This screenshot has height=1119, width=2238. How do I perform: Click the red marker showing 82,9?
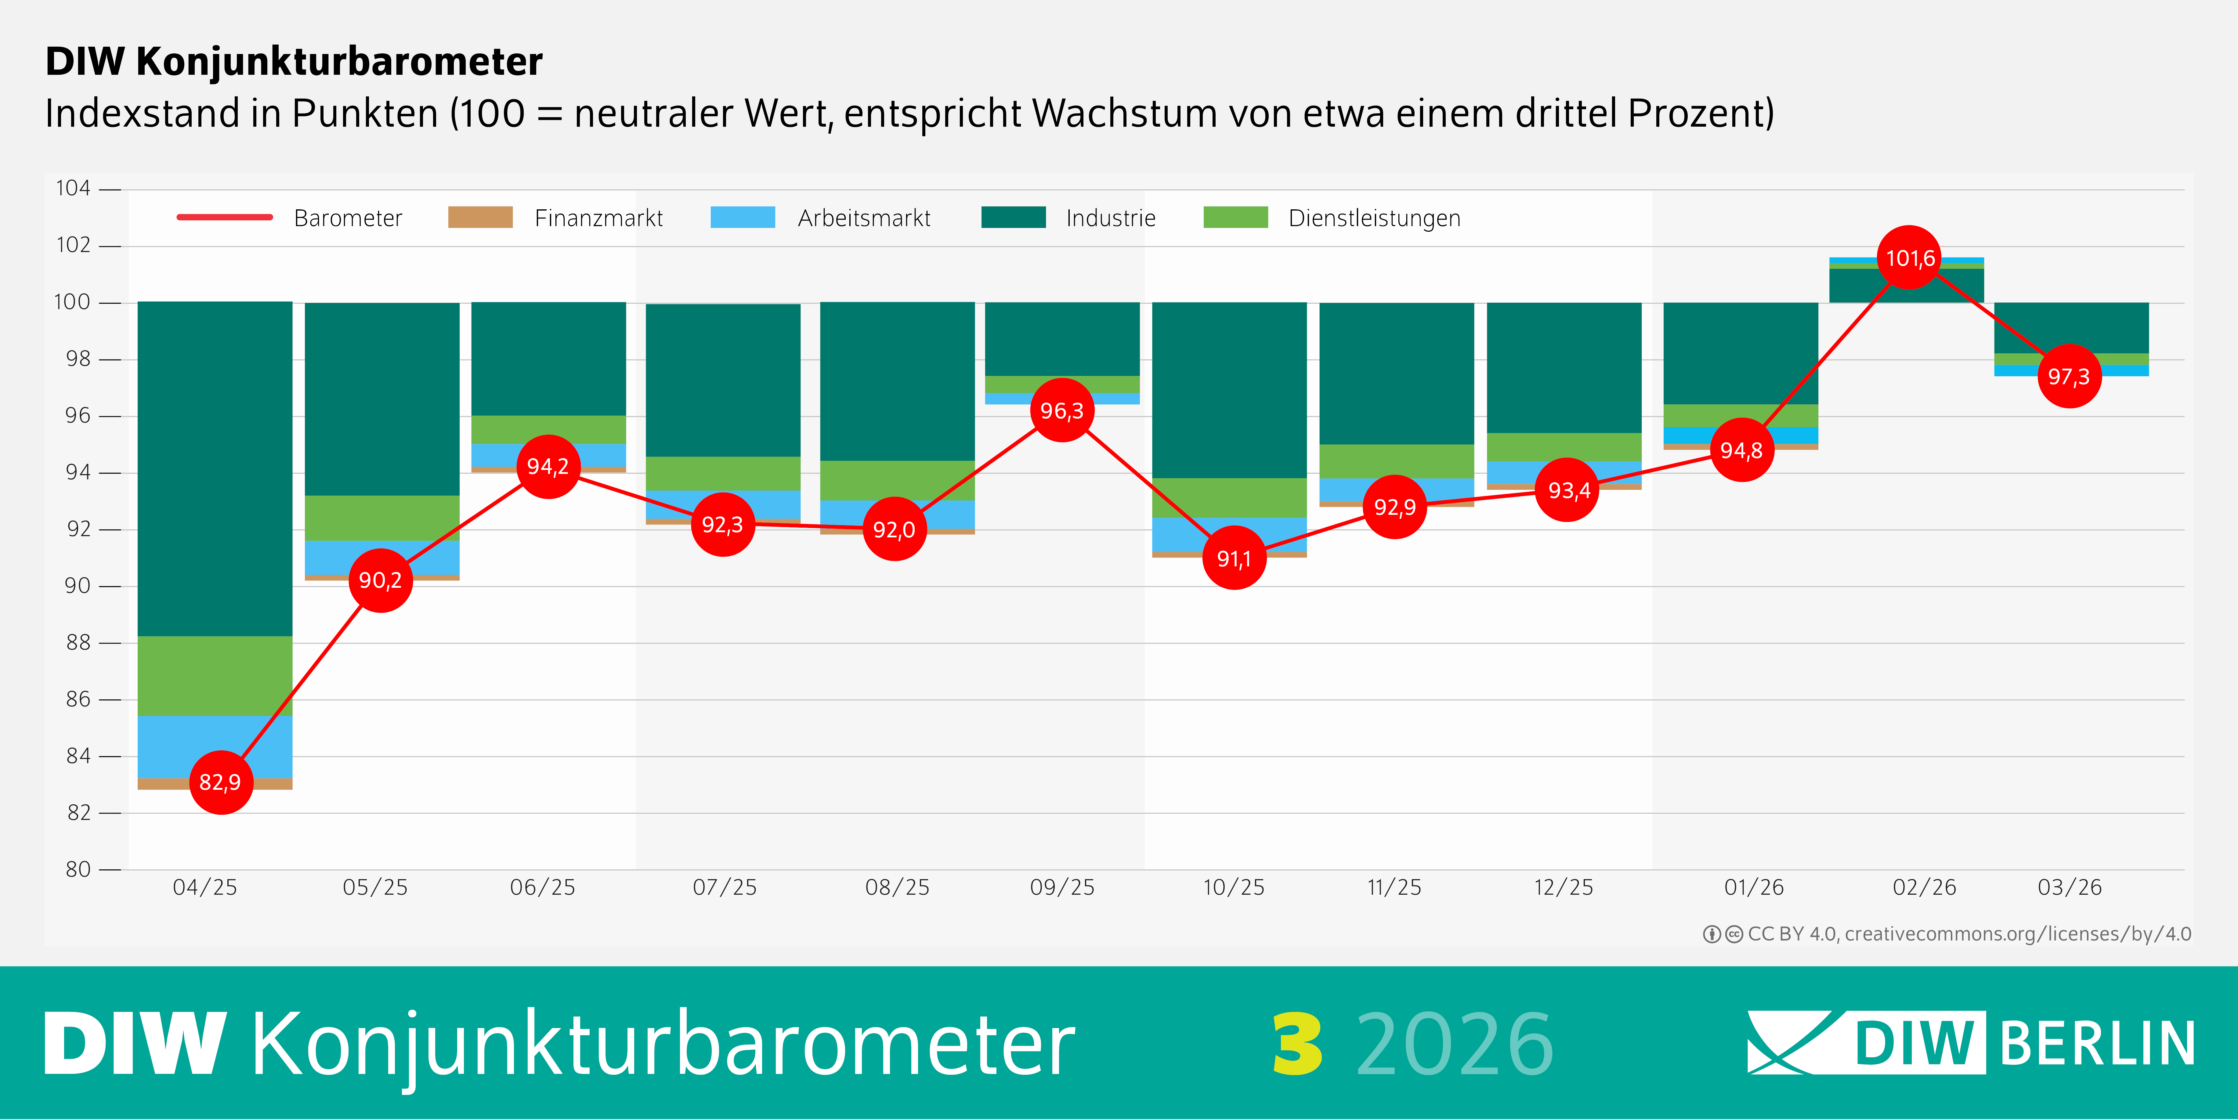point(221,782)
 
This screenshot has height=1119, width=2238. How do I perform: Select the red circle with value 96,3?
point(1062,410)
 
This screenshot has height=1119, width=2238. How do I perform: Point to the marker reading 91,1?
point(1234,558)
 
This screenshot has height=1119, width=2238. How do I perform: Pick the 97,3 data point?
point(2069,376)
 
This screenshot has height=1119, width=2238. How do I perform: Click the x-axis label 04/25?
point(205,887)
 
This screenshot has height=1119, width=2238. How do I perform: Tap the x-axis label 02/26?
point(1924,887)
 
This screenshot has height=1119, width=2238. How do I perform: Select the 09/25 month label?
point(1062,887)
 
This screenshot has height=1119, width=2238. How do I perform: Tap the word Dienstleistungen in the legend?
point(1374,218)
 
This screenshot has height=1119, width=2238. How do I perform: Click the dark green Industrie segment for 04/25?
point(215,469)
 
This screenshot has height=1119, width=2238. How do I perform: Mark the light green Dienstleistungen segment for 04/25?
point(215,676)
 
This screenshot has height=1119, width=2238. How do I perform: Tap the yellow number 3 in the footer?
point(1297,1044)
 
